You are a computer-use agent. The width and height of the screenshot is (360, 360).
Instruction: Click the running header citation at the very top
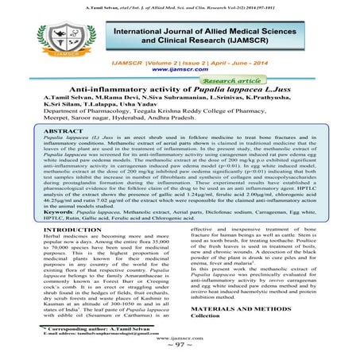pos(180,5)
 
